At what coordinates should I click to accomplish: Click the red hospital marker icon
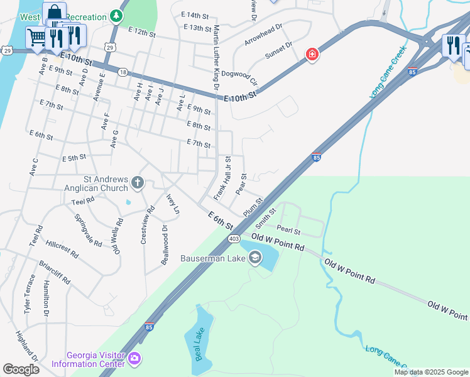[311, 55]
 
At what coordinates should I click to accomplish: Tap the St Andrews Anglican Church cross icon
[138, 183]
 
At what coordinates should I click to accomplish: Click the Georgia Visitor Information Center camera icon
[133, 358]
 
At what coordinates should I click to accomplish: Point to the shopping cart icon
[36, 38]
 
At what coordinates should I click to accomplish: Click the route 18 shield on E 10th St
[123, 72]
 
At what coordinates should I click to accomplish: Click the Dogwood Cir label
[239, 77]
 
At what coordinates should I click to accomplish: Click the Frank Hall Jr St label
[222, 178]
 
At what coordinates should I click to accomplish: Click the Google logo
[21, 369]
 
